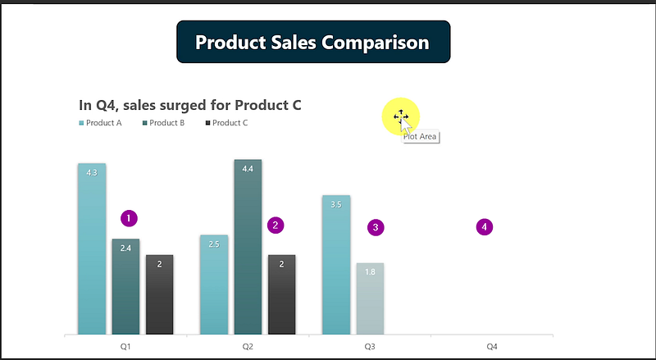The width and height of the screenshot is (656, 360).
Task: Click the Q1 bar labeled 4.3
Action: pos(92,248)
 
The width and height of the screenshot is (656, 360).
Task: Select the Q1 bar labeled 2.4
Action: pos(125,287)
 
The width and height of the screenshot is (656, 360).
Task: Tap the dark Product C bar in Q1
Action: pos(159,294)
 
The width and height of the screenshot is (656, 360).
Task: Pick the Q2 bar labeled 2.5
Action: pos(214,285)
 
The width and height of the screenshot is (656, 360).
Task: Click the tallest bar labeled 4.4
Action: pos(248,247)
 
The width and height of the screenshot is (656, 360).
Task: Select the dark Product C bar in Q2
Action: pos(281,294)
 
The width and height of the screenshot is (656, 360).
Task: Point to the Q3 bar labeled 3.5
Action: pos(336,265)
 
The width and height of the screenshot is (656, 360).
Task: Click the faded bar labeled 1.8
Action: pos(371,298)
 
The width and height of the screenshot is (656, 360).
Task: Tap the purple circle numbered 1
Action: pos(129,218)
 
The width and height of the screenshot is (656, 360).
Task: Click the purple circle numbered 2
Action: pos(276,226)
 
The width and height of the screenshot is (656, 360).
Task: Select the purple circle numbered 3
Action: pos(376,227)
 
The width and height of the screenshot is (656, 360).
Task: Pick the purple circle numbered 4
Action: pos(485,227)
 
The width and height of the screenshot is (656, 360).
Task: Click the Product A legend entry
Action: pos(100,123)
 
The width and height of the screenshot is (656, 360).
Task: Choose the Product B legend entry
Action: pos(163,123)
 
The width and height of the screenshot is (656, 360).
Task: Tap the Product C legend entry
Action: pos(227,123)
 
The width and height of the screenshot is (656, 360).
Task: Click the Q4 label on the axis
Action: pos(492,347)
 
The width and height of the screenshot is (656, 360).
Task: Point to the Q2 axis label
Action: pos(248,347)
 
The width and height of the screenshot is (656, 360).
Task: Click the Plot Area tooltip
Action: pos(420,136)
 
